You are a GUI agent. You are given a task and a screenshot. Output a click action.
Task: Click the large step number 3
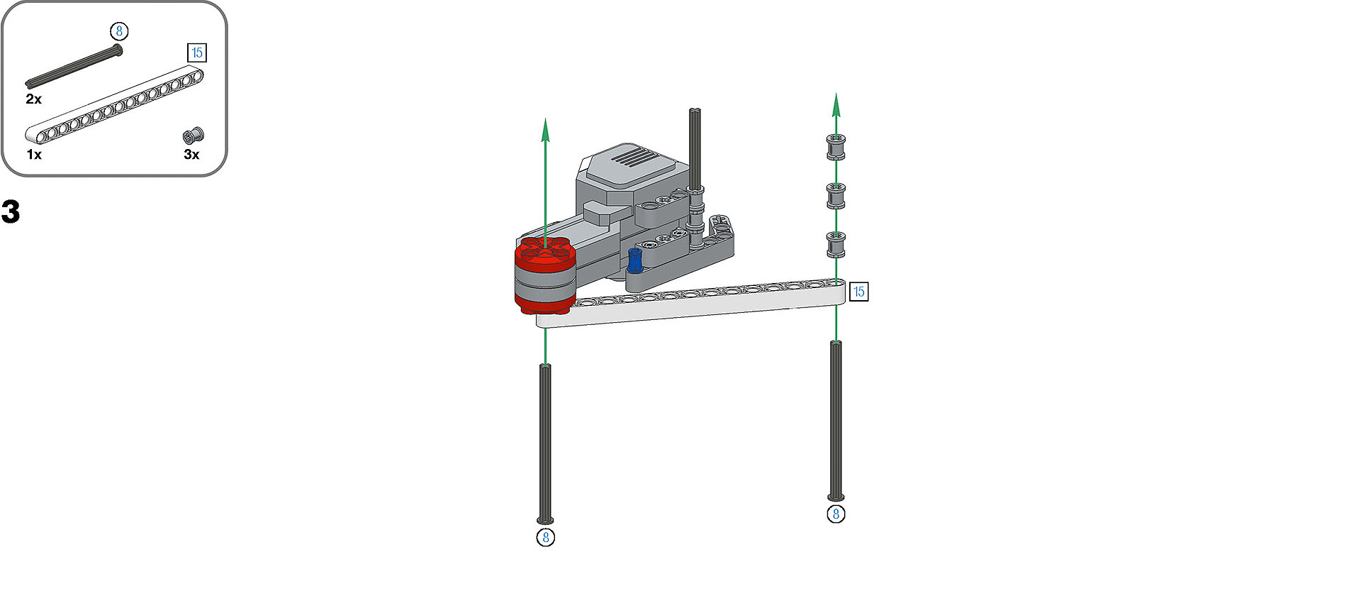tap(11, 211)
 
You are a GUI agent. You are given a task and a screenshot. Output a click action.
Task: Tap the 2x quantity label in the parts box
tap(33, 99)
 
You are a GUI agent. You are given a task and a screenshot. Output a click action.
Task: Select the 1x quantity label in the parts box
tap(33, 154)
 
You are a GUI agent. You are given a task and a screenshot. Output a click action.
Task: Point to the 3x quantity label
tap(191, 154)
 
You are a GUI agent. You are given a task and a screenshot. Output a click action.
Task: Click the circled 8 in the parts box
tap(119, 31)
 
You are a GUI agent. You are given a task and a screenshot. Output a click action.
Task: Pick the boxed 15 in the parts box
tap(197, 53)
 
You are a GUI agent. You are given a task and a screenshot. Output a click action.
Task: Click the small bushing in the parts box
tap(193, 136)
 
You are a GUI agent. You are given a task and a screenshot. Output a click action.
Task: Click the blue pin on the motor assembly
tap(634, 260)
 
